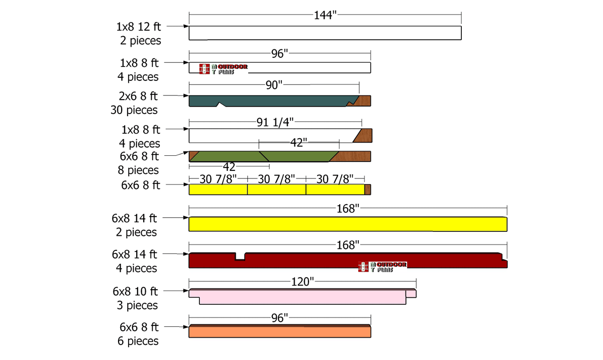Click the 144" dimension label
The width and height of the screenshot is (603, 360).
325,15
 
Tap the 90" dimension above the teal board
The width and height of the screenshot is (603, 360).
274,85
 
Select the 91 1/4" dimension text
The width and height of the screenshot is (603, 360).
275,122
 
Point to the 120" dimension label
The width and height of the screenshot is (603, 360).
303,282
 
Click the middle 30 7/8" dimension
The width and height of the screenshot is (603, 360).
276,179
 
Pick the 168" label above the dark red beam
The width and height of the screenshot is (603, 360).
348,245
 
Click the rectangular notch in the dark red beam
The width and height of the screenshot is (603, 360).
240,256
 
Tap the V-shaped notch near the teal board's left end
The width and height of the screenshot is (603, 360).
221,104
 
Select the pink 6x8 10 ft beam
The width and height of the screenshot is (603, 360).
303,297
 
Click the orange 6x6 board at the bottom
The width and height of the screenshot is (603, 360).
280,331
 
